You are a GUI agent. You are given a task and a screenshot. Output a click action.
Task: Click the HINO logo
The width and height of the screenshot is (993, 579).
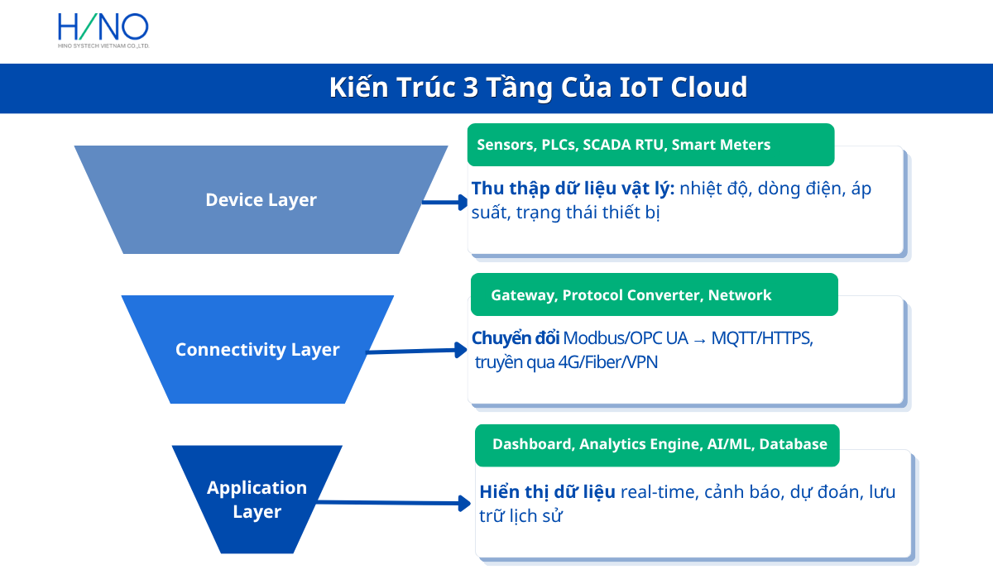tap(103, 30)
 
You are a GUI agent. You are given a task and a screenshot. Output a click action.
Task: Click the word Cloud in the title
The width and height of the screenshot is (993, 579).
tap(708, 88)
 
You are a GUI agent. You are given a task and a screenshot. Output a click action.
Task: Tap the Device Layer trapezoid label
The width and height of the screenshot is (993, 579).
tap(261, 200)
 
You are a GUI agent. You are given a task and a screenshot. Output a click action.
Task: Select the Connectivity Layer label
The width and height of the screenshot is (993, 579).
tap(257, 350)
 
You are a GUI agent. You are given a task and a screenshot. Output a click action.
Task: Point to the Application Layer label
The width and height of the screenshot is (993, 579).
tap(257, 500)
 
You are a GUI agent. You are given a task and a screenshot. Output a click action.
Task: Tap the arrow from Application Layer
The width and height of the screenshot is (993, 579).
tap(389, 502)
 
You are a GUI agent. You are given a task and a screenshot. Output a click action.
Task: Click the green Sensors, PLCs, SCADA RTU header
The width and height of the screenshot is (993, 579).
tap(650, 145)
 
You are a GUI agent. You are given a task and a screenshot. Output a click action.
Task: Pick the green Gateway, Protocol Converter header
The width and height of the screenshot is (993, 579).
tap(654, 295)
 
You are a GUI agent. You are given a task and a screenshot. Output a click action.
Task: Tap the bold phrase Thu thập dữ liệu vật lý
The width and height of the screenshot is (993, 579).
tap(573, 189)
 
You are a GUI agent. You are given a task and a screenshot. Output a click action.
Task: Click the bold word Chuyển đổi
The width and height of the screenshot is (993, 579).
tap(516, 338)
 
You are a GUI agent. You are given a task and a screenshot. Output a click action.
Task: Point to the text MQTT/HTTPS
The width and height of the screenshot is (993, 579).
tap(761, 338)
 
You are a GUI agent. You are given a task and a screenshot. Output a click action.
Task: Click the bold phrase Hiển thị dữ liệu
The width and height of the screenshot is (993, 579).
tap(547, 492)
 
